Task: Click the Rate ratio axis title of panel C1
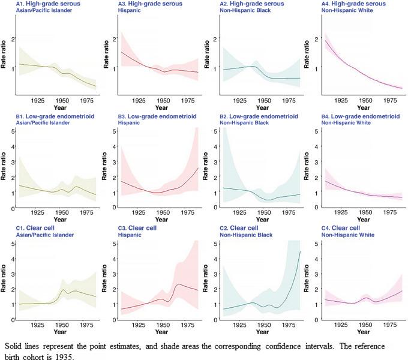pyautogui.click(x=5, y=281)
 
